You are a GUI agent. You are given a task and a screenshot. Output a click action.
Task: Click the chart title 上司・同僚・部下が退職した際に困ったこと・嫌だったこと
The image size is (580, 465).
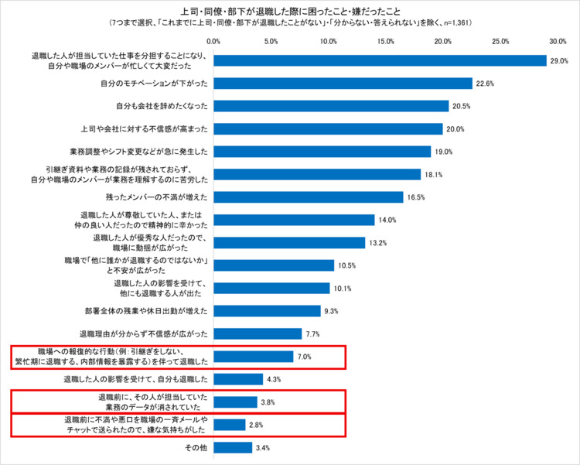[x=290, y=11]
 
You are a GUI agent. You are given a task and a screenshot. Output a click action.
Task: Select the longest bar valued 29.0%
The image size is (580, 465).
[x=380, y=60]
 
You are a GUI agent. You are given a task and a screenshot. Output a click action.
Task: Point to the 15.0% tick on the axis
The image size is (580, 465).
[x=386, y=40]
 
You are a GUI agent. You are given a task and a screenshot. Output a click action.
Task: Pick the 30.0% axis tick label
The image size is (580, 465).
[x=558, y=40]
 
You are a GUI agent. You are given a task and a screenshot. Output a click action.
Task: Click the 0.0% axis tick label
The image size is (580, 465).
[x=214, y=40]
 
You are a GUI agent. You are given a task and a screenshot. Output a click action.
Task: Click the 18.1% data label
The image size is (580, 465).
[x=434, y=174]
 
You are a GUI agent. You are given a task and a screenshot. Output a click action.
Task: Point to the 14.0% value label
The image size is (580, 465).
[x=387, y=220]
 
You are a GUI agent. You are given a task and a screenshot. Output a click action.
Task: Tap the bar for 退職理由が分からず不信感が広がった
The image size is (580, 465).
[x=258, y=334]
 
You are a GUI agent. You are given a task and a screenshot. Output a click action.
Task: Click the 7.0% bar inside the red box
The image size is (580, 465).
[x=254, y=357]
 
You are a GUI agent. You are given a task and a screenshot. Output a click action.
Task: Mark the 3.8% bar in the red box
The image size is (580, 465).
[x=236, y=402]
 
